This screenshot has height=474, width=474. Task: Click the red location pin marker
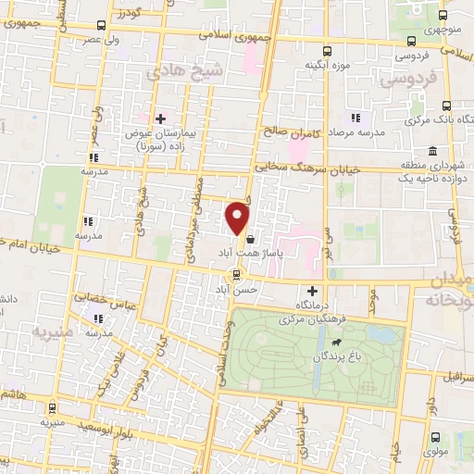point(239,217)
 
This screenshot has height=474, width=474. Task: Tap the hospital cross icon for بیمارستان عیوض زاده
point(160,119)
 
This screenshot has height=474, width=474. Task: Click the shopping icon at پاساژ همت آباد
point(250,239)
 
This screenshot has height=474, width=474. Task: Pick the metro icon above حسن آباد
point(237,273)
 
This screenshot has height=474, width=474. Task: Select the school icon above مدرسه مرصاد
point(355,118)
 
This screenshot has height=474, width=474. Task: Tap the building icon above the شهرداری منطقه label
point(432,151)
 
